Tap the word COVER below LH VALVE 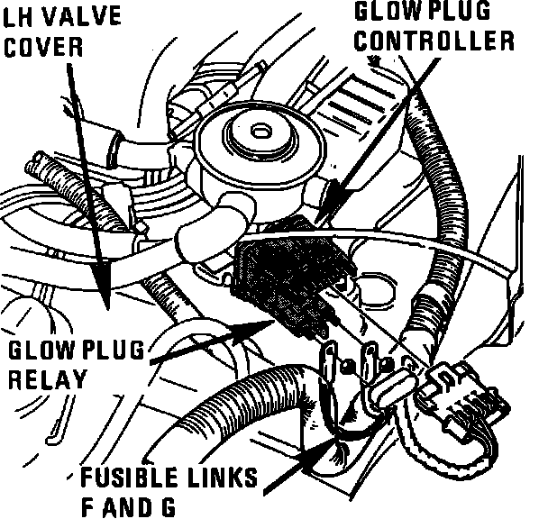pyautogui.click(x=41, y=46)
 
